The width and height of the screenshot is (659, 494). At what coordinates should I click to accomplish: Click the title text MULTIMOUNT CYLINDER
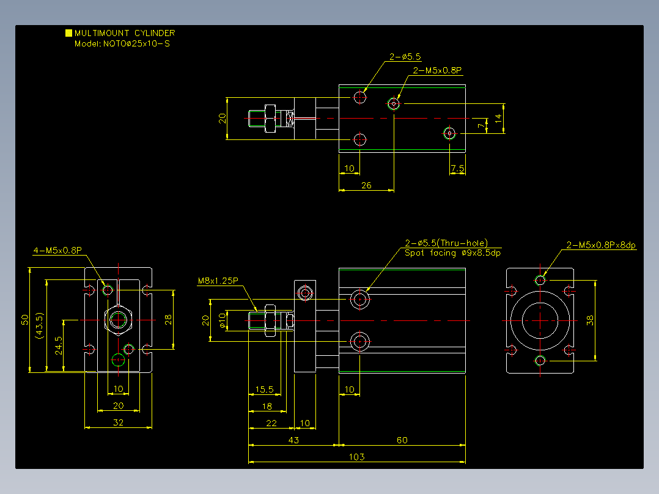125,33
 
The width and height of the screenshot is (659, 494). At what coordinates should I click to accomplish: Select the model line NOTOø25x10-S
136,44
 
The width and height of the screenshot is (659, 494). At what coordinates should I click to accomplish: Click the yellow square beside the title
69,33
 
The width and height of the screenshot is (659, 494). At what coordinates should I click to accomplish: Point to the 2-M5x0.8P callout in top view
437,70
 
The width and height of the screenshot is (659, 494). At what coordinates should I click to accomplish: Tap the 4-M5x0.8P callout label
57,251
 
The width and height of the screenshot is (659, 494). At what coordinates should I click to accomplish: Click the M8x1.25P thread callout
218,281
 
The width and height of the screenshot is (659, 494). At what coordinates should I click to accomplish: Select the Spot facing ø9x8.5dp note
452,253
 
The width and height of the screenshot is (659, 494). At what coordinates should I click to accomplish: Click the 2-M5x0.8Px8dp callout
601,245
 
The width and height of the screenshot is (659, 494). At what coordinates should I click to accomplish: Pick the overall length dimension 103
357,457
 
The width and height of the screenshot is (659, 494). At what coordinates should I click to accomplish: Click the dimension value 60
402,440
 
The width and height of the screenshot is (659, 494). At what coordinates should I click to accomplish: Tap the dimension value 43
294,440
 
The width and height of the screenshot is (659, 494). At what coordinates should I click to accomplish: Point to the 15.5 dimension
264,389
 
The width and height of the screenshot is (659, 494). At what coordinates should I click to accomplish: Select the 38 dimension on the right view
590,320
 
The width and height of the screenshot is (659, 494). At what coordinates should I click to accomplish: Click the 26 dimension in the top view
367,185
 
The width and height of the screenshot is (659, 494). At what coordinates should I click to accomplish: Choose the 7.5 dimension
457,169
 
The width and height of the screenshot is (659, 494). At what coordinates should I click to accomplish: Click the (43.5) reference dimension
40,326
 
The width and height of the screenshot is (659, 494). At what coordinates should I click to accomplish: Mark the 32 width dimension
119,422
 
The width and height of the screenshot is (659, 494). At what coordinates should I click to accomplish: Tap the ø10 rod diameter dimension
223,320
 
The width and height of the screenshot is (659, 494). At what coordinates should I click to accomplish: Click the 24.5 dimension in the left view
59,345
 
